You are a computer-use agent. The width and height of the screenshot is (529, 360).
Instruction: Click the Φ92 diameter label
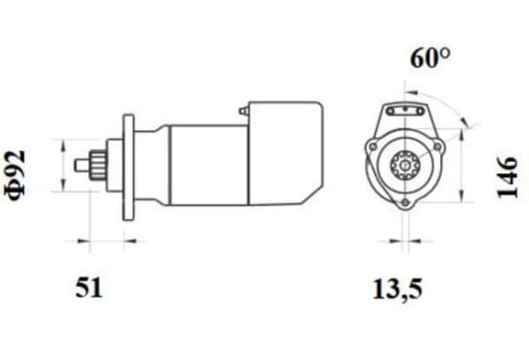pyautogui.click(x=15, y=174)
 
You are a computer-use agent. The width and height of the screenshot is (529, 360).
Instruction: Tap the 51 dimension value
pyautogui.click(x=88, y=288)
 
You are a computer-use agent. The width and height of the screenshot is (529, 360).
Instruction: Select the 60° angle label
pyautogui.click(x=429, y=57)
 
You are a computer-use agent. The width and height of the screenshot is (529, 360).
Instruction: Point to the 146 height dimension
pyautogui.click(x=507, y=177)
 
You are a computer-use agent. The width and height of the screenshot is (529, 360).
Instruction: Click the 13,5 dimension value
pyautogui.click(x=398, y=289)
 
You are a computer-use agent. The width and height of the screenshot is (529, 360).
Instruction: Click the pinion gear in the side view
pyautogui.click(x=98, y=166)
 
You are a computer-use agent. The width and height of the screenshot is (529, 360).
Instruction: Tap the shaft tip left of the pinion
pyautogui.click(x=82, y=166)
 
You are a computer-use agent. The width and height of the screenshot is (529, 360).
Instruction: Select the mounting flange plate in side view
pyautogui.click(x=128, y=168)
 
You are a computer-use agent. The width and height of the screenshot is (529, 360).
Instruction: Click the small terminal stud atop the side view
pyautogui.click(x=243, y=111)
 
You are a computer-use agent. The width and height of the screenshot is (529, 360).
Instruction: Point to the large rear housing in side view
pyautogui.click(x=285, y=153)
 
